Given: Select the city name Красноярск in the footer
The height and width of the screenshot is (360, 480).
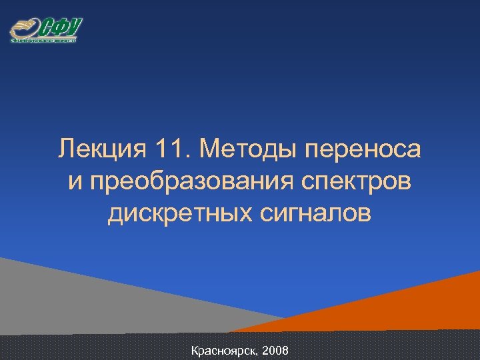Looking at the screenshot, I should (223, 350).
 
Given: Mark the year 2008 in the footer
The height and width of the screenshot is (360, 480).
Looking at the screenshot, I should (275, 350).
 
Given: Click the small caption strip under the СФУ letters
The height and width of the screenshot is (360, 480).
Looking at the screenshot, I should (44, 41).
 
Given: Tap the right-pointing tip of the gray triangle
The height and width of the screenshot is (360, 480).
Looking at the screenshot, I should (287, 318).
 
